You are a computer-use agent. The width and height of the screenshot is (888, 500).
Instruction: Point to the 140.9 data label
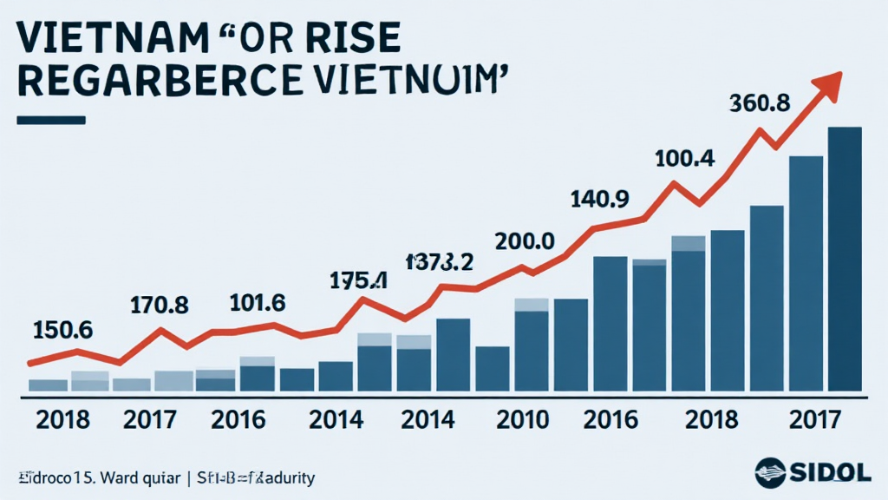(599, 200)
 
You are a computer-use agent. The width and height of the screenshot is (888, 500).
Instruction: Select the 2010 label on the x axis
(524, 420)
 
